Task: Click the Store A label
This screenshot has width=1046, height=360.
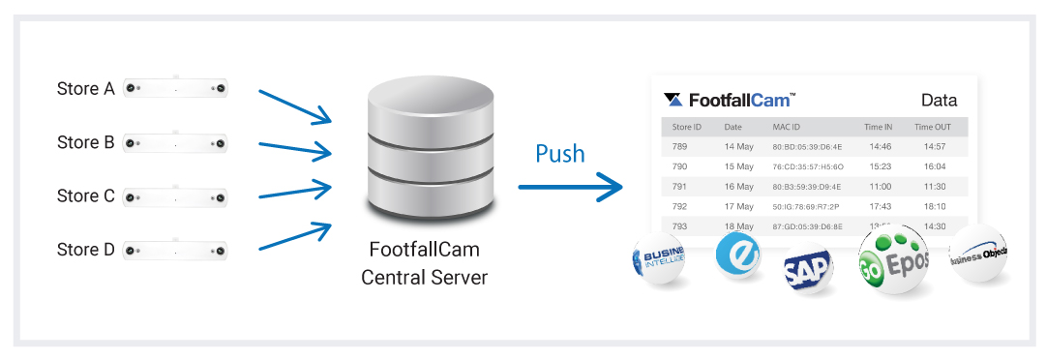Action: click(85, 89)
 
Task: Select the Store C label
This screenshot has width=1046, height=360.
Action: click(85, 196)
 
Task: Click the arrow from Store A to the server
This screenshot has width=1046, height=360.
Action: click(294, 106)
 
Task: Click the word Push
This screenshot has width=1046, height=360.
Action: click(560, 154)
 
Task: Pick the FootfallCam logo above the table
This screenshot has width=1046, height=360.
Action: click(730, 100)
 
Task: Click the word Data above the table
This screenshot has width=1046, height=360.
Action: click(939, 101)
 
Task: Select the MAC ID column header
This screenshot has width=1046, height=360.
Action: click(787, 127)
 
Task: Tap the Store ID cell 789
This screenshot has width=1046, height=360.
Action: click(679, 147)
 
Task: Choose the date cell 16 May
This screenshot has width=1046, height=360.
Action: click(738, 187)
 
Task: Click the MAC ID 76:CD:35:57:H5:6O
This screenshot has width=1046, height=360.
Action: click(807, 166)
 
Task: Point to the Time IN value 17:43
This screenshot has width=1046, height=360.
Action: click(880, 206)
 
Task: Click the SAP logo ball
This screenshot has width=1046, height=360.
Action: click(807, 270)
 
